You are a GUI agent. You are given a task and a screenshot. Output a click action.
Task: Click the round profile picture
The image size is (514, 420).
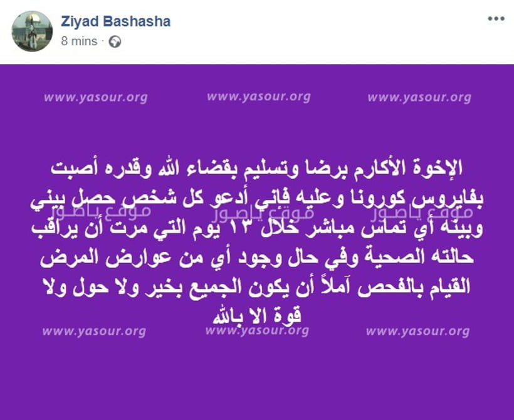click(32, 31)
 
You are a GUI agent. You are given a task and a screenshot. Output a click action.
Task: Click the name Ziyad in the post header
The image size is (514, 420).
click(80, 22)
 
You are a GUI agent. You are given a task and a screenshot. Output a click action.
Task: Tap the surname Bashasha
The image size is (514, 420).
click(137, 21)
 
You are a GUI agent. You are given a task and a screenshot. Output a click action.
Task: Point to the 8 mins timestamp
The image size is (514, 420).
click(79, 41)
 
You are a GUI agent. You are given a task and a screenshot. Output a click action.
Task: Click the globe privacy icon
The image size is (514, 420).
click(115, 41)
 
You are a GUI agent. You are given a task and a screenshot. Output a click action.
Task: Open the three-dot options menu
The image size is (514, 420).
click(496, 19)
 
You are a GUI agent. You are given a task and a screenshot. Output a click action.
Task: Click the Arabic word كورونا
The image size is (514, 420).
click(372, 198)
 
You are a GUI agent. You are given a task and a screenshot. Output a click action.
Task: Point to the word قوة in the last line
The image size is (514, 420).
click(289, 316)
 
